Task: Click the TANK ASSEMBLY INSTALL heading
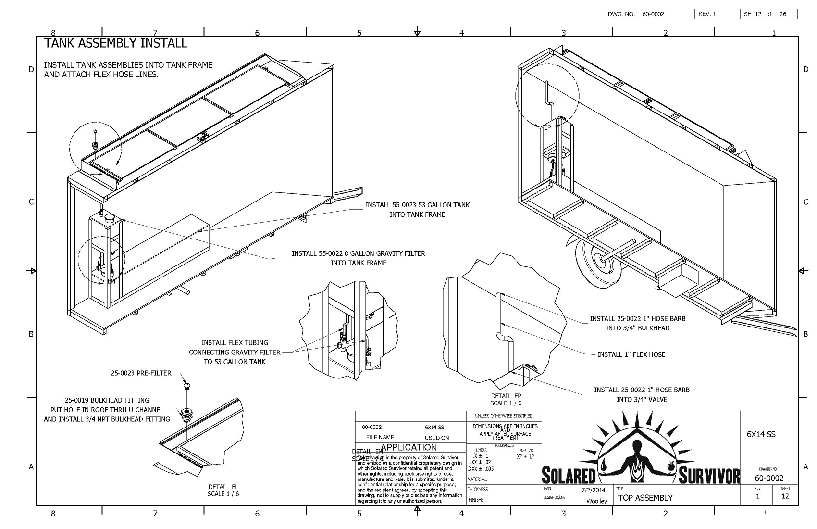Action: (115, 43)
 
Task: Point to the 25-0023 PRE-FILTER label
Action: (141, 373)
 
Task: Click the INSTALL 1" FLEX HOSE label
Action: (631, 354)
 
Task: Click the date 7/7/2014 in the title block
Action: (593, 491)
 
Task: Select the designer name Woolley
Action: (596, 501)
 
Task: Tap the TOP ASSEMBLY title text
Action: (645, 498)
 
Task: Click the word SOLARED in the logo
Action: (569, 475)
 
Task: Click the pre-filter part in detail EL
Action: (186, 386)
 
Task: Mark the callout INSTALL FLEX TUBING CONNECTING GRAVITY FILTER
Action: (235, 352)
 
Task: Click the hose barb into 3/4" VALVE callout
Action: (642, 394)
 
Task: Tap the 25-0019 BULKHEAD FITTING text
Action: (107, 400)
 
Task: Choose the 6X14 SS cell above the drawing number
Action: (761, 434)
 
